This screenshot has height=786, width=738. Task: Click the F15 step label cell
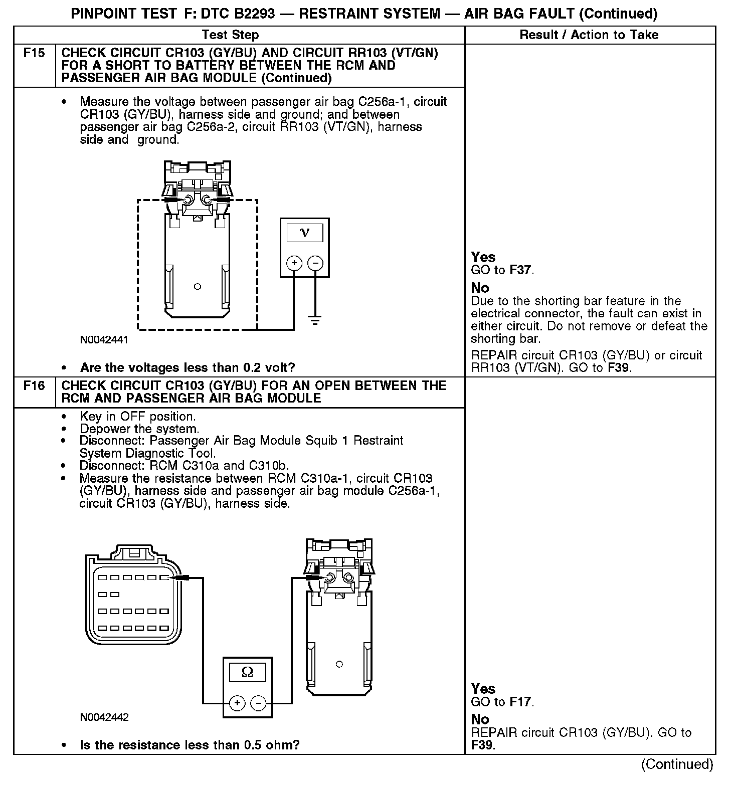[x=34, y=53]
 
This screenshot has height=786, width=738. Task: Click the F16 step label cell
[x=34, y=385]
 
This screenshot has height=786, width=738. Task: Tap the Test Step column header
[x=230, y=35]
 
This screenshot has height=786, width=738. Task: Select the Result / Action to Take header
[x=589, y=35]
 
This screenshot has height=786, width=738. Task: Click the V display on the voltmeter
[x=304, y=233]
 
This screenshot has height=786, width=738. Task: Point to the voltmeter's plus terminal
[x=294, y=263]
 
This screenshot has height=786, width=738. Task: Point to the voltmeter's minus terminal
[x=315, y=263]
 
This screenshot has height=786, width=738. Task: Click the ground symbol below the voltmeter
[x=315, y=320]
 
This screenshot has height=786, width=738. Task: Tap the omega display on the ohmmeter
[x=247, y=672]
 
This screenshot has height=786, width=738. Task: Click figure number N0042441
[x=104, y=340]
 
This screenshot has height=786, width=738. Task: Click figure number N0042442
[x=104, y=717]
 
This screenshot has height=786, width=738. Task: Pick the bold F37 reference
[x=520, y=270]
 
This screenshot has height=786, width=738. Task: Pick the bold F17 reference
[x=520, y=702]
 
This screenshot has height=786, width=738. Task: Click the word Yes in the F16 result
[x=483, y=689]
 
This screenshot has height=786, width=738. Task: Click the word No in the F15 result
[x=480, y=288]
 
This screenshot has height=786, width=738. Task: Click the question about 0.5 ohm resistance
[x=190, y=745]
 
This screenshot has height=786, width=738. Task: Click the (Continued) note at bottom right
[x=677, y=764]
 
